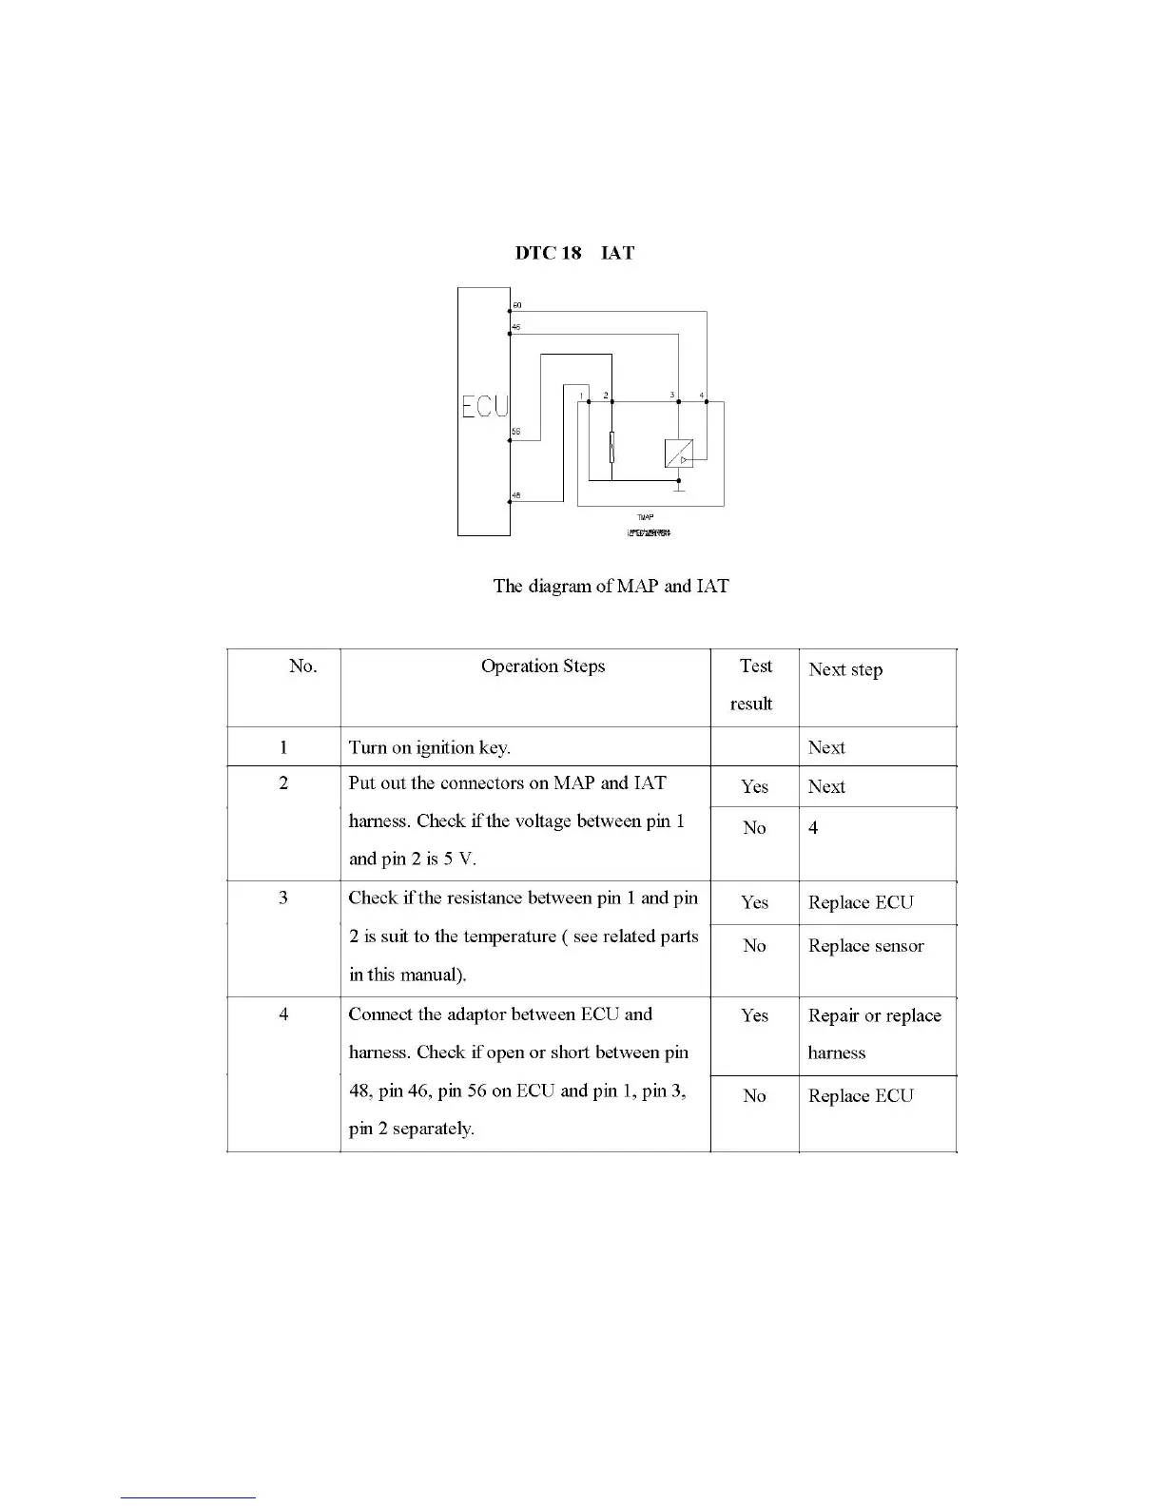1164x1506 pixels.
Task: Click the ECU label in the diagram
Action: (484, 406)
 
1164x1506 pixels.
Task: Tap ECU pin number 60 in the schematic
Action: (517, 304)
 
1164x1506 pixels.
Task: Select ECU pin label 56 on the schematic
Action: (516, 432)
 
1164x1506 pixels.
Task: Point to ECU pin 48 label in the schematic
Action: (516, 494)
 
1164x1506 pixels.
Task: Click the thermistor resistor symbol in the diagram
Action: (611, 446)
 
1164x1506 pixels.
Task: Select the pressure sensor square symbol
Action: (678, 454)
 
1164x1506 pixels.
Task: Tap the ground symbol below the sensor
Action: (679, 487)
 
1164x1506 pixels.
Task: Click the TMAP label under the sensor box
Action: (645, 517)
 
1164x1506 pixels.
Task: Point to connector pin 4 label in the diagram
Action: (702, 395)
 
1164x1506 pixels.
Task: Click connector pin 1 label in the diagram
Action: (581, 395)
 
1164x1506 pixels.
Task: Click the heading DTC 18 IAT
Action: (574, 253)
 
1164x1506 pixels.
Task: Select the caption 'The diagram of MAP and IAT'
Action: (611, 586)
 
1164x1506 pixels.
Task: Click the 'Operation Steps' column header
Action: (543, 666)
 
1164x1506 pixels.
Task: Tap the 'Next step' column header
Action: (845, 669)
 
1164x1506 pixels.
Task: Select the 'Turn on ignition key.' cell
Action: (430, 747)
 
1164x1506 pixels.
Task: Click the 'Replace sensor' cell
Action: (865, 946)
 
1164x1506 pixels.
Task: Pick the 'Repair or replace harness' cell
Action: (874, 1033)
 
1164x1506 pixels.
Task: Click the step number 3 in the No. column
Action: (283, 898)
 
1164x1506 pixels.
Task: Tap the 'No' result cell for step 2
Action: (754, 828)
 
